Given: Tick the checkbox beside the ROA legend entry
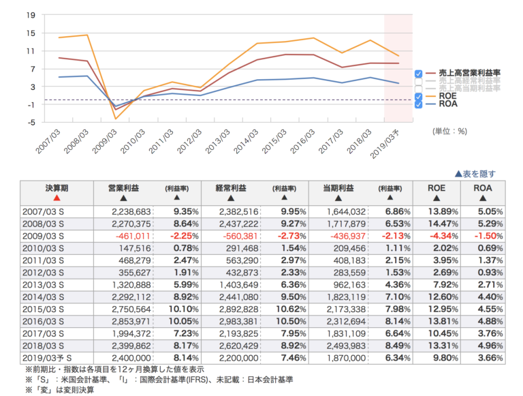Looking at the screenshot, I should pos(418,105).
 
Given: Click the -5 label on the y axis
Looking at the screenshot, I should pos(31,123).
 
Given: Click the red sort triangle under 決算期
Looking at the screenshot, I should pos(57,198).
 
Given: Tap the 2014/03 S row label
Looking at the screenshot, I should pos(43,296).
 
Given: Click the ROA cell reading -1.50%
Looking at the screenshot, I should pos(486,236).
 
